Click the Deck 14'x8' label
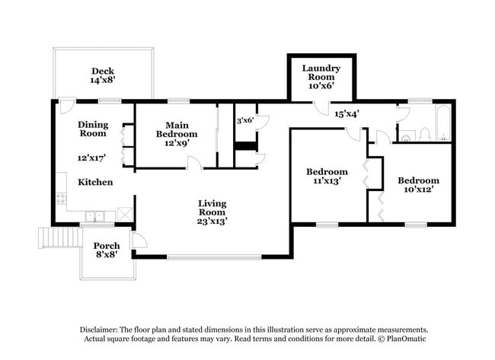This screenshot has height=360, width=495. (x=103, y=75)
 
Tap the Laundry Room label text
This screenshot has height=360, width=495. (x=321, y=72)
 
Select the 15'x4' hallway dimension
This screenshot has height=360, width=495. (x=346, y=113)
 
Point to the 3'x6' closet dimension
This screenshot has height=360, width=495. (x=245, y=120)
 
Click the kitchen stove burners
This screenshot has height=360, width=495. (x=60, y=199)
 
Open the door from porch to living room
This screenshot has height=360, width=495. (x=139, y=241)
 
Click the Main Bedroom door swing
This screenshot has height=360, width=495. (x=195, y=162)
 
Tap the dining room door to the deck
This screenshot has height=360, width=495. (x=66, y=107)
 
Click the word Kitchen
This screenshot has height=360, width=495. (x=95, y=183)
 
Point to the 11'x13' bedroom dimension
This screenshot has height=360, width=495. (x=327, y=182)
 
